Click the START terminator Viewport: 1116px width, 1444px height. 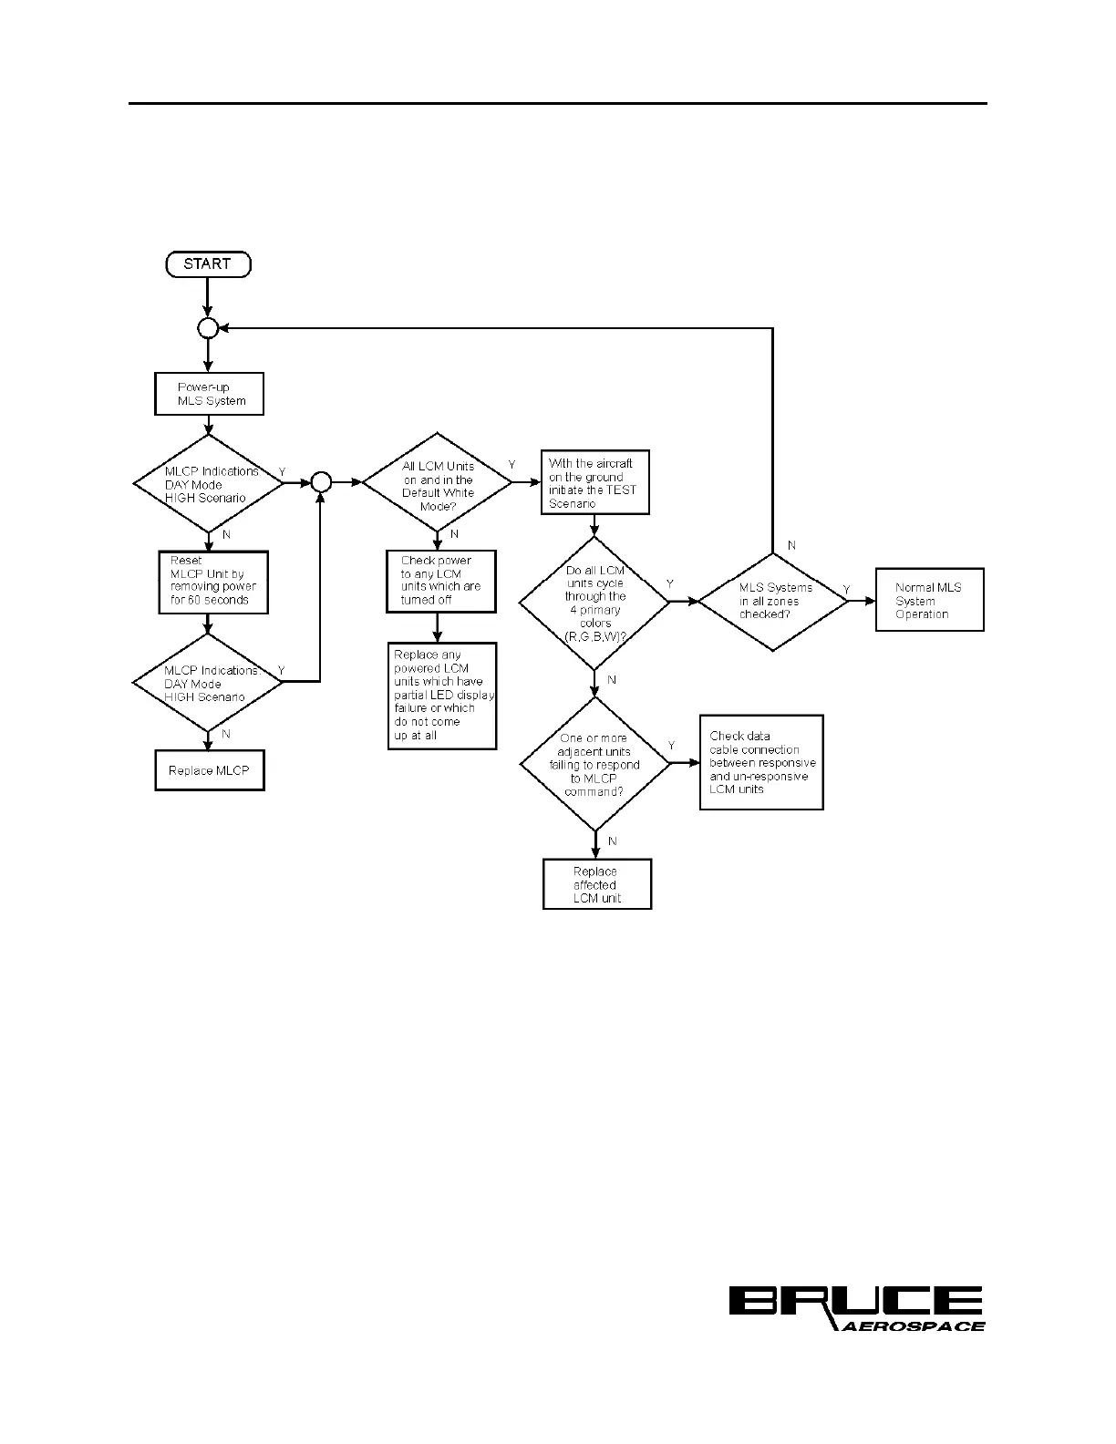(208, 264)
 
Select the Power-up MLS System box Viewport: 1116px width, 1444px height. (209, 394)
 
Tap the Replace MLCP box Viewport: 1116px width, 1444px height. (210, 770)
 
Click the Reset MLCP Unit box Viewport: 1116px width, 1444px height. (213, 582)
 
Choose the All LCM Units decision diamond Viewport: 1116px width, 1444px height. (438, 483)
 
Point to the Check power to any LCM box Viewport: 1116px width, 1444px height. (440, 581)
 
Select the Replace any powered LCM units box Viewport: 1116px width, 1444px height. (442, 696)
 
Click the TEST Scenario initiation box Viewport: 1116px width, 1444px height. (594, 483)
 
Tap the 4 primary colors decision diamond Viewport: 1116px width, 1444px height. (594, 603)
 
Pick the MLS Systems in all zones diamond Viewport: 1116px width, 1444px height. (773, 602)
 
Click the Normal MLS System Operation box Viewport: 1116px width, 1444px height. (929, 600)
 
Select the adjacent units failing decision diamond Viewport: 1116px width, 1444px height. (594, 764)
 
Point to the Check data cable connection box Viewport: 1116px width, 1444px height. (761, 762)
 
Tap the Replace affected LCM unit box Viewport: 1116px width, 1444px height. (596, 884)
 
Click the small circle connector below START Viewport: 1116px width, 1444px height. (208, 328)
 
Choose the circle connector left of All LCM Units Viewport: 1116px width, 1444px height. (321, 483)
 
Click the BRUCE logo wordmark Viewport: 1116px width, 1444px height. (855, 1301)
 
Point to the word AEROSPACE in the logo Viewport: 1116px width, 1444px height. (912, 1326)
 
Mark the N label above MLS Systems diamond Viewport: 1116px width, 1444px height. (791, 545)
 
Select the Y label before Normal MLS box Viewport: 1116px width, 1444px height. (847, 591)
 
